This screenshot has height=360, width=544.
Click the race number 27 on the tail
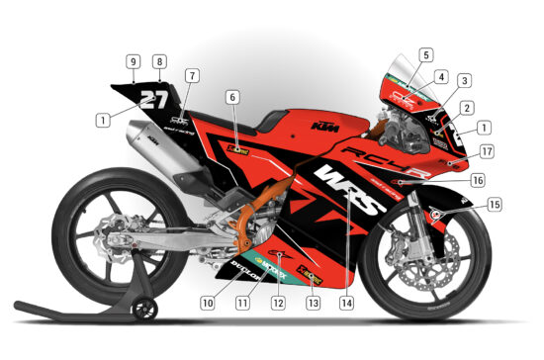point(153,99)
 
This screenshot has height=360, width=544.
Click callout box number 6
point(232,98)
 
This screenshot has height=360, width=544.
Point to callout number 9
point(133,61)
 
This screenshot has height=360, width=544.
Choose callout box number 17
point(487,151)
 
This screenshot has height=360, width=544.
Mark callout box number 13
point(314,303)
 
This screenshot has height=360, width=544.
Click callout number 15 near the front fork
point(495,205)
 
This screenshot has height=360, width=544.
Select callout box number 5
point(425,55)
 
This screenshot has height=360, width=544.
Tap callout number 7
point(192,75)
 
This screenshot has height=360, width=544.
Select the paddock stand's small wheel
point(145,309)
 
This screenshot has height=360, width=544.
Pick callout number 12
point(279,303)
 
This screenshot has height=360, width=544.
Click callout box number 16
point(477,181)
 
